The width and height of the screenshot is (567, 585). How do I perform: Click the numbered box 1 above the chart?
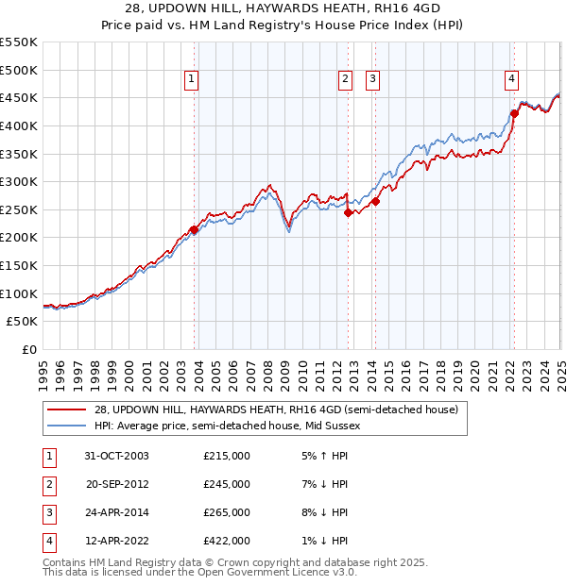pyautogui.click(x=191, y=80)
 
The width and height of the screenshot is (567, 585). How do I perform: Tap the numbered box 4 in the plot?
pyautogui.click(x=511, y=80)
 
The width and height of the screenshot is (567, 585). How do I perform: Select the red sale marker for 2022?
pyautogui.click(x=515, y=113)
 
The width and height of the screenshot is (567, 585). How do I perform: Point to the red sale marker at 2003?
pyautogui.click(x=194, y=229)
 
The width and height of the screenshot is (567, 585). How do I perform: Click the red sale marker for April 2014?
pyautogui.click(x=375, y=201)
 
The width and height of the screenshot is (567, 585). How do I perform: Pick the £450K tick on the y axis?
pyautogui.click(x=19, y=97)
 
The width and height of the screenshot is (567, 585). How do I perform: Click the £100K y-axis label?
pyautogui.click(x=19, y=293)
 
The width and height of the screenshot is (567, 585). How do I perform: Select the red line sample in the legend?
pyautogui.click(x=68, y=409)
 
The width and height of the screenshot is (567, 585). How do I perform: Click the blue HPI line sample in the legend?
pyautogui.click(x=68, y=426)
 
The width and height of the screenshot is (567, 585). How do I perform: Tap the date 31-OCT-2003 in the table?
pyautogui.click(x=118, y=456)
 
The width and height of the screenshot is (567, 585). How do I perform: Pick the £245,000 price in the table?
pyautogui.click(x=226, y=484)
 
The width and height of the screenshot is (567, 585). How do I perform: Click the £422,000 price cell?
pyautogui.click(x=226, y=541)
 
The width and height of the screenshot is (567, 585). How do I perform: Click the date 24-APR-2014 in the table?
pyautogui.click(x=118, y=512)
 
